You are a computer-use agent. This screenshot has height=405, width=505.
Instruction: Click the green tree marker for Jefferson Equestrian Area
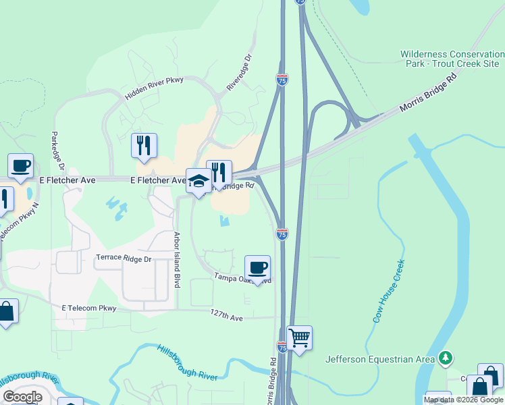445,358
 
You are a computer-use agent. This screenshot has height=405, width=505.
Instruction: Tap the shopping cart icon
299,337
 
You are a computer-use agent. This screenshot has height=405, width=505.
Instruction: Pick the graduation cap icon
198,181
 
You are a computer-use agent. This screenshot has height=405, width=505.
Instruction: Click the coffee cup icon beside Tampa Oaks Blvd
257,267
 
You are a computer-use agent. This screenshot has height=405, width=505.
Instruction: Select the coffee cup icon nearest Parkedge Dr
20,165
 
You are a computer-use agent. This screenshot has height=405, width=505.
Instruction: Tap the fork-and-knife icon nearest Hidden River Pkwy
143,145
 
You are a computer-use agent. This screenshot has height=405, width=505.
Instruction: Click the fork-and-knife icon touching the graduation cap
219,173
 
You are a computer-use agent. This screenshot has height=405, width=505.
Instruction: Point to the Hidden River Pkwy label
155,88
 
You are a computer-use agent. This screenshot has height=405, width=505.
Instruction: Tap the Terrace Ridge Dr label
124,259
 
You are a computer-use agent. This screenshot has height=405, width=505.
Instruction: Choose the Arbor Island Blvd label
178,260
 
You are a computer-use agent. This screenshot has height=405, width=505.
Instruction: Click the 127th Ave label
226,315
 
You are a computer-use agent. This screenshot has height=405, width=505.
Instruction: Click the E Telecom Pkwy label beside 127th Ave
89,308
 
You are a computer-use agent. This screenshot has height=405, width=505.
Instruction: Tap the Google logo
22,396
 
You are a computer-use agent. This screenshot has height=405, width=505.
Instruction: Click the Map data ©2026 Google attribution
464,400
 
